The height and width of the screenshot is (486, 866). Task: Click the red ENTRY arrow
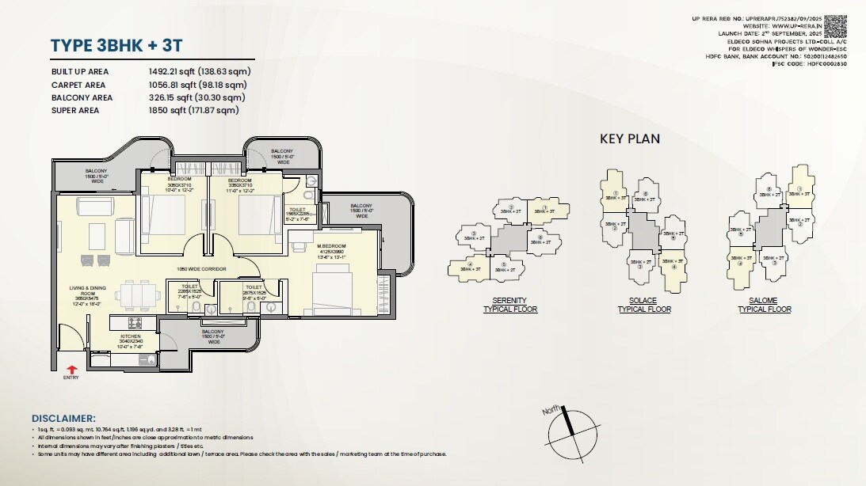[x=72, y=368]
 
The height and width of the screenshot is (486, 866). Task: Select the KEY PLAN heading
[x=629, y=139]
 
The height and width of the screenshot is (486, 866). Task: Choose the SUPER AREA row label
[x=76, y=111]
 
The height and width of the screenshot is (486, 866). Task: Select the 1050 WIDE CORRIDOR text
[x=201, y=270]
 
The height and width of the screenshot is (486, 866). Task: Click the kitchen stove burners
[x=135, y=323]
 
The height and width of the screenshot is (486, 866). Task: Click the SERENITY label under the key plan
[x=509, y=301]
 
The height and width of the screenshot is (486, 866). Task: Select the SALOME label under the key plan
[x=764, y=301]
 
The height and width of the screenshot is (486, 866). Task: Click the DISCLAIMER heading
[x=63, y=418]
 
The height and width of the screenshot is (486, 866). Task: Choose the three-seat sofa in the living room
[x=97, y=236]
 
